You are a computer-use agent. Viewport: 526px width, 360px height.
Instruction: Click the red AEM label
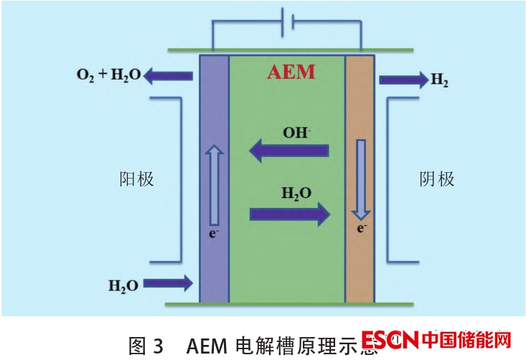(x=290, y=72)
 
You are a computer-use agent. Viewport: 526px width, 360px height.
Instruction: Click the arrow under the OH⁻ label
(x=288, y=151)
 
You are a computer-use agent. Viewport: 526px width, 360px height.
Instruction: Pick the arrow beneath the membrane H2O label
(x=290, y=214)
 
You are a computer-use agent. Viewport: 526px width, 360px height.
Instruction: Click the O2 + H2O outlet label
(x=108, y=74)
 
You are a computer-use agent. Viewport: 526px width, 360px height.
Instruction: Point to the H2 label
(x=440, y=80)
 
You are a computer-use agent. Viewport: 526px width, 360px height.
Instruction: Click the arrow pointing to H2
(x=403, y=80)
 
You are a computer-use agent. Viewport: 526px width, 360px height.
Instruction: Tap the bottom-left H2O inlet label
(x=123, y=285)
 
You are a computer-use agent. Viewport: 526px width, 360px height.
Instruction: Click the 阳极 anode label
(x=136, y=179)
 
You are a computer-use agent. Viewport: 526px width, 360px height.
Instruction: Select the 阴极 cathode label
(x=437, y=179)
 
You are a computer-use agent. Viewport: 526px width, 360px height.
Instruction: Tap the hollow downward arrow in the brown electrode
(x=361, y=179)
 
